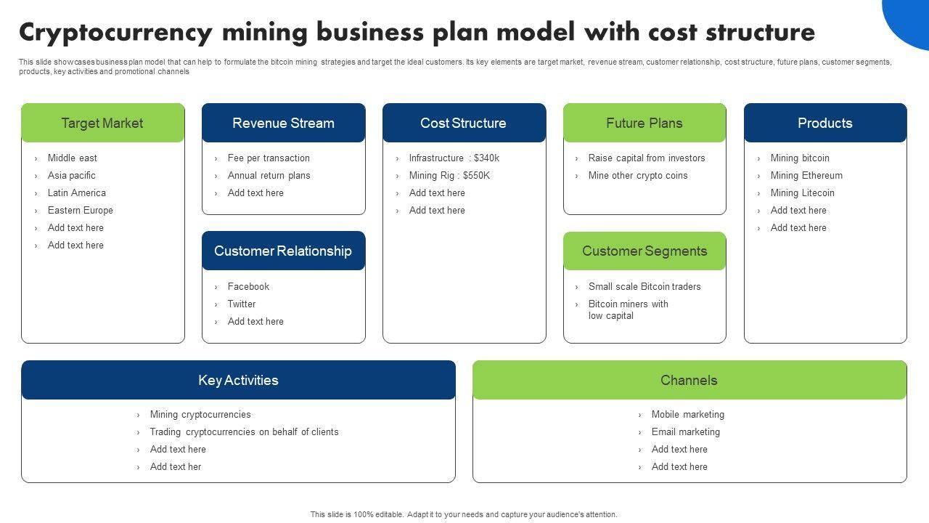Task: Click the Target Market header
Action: [x=102, y=123]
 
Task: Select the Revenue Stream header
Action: [x=283, y=123]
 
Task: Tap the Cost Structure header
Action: [x=464, y=123]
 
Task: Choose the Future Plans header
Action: [x=644, y=123]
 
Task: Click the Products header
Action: [x=825, y=123]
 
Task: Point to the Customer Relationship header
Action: [x=283, y=251]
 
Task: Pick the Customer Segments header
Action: [x=644, y=251]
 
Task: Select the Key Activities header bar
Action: [x=238, y=380]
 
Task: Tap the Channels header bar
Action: [x=689, y=380]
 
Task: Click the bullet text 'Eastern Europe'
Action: [x=81, y=210]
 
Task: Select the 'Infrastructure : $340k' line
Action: [x=454, y=158]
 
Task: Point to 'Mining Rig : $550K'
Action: [x=449, y=175]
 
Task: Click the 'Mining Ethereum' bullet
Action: [x=806, y=175]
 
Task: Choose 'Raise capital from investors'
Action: [x=647, y=158]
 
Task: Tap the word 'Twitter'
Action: [x=242, y=304]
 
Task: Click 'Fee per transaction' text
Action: [x=269, y=158]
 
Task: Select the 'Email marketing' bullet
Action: [x=686, y=431]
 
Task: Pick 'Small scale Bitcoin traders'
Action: [x=644, y=286]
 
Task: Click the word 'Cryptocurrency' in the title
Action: [x=116, y=33]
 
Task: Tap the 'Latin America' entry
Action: [x=77, y=192]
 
